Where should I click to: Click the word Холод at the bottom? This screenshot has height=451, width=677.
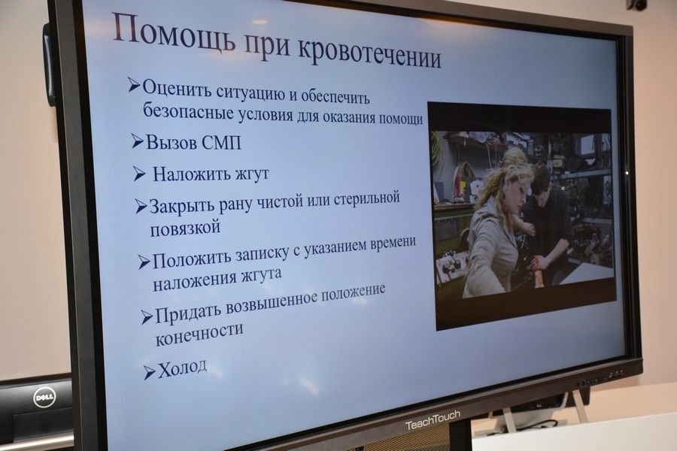coord(183,368)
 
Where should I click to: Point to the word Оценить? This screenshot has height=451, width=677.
coord(176,89)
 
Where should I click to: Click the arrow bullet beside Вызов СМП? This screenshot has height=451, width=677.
coord(138,141)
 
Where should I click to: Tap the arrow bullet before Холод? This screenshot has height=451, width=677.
coord(150,372)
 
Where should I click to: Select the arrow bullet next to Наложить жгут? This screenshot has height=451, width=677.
coord(139,174)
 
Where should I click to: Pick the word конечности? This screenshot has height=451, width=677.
coord(199,334)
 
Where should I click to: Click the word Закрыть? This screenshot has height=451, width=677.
coord(181,206)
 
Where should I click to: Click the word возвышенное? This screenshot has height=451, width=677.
coord(270,303)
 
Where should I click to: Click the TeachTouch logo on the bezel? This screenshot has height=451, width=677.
coord(433,420)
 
